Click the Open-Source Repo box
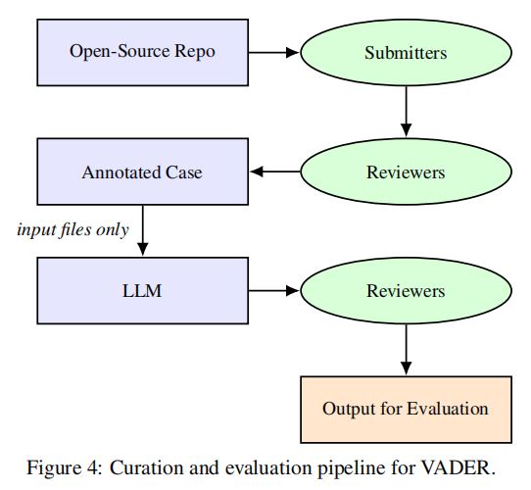point(143,53)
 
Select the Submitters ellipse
point(406,53)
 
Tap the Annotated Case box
point(143,171)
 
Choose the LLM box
point(143,291)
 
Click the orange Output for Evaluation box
point(406,410)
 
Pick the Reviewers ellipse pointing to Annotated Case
point(406,171)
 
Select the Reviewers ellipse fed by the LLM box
point(406,291)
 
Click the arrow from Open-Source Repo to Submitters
point(274,53)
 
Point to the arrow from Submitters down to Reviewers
point(406,112)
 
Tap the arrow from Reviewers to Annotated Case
point(275,171)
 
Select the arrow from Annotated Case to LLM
point(143,230)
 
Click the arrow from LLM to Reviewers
point(274,291)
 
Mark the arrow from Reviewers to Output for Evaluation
point(406,350)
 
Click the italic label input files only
point(73,230)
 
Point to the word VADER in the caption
point(459,468)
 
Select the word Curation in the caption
point(147,468)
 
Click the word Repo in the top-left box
point(195,52)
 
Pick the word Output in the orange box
point(348,409)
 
